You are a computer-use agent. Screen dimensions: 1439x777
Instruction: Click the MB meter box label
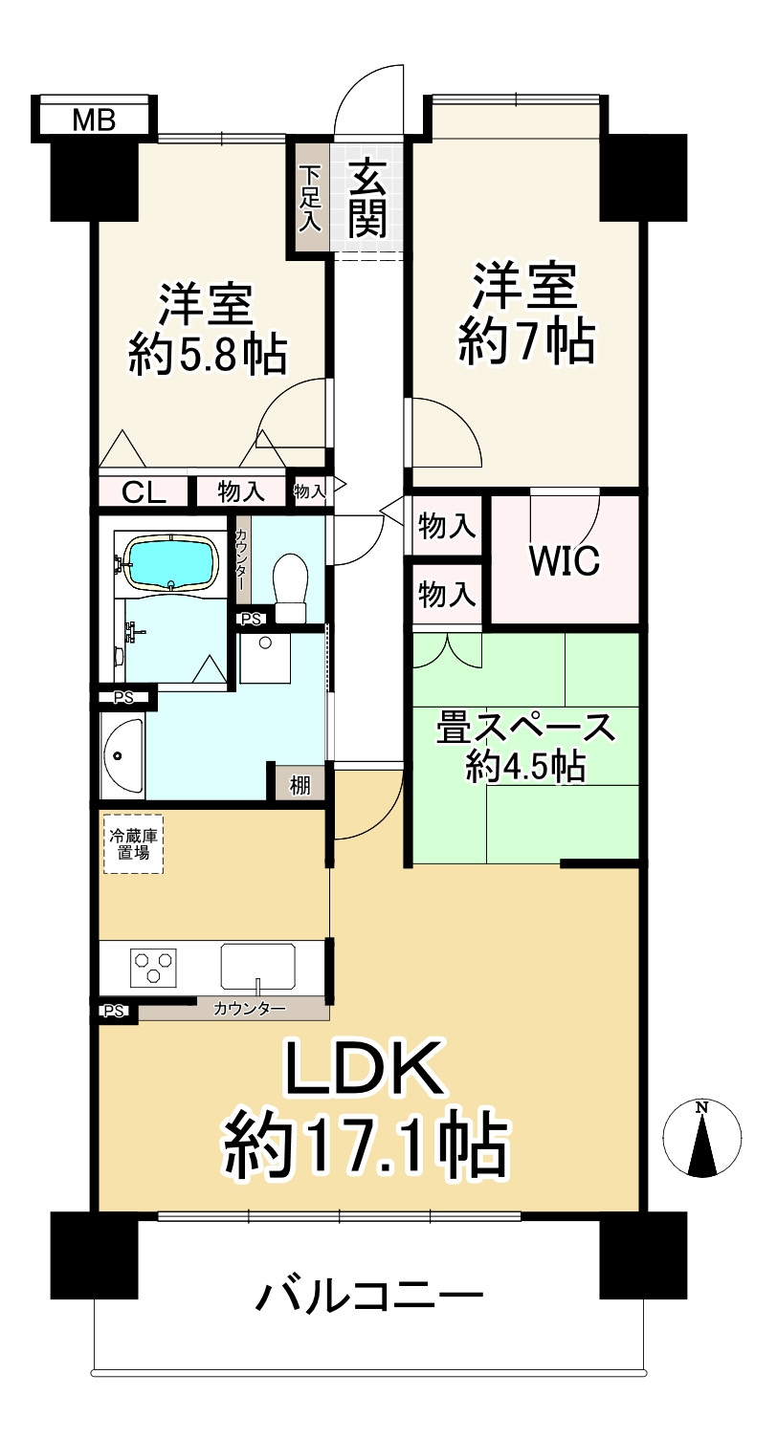(94, 120)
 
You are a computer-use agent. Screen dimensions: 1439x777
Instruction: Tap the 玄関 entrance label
(367, 199)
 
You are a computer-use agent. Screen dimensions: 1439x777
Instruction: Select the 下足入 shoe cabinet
(310, 198)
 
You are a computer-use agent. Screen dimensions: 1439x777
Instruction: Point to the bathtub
(169, 563)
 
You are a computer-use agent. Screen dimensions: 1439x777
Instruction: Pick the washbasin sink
(122, 755)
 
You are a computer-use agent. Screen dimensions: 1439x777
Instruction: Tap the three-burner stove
(154, 967)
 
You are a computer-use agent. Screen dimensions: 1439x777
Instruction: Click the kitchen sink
(257, 966)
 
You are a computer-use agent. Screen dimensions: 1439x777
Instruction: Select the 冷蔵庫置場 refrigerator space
(133, 842)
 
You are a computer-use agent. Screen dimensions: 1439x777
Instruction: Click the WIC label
(565, 561)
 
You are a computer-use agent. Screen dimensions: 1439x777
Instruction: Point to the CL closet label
(144, 492)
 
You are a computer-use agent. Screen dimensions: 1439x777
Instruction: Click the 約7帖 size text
(526, 341)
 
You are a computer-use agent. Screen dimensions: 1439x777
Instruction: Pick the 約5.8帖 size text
(208, 356)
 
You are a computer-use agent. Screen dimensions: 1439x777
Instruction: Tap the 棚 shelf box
(300, 786)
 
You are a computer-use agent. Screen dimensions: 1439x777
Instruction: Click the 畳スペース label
(525, 729)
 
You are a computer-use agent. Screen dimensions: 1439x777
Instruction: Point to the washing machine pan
(265, 659)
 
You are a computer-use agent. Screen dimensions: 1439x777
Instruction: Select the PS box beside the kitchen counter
(114, 1010)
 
